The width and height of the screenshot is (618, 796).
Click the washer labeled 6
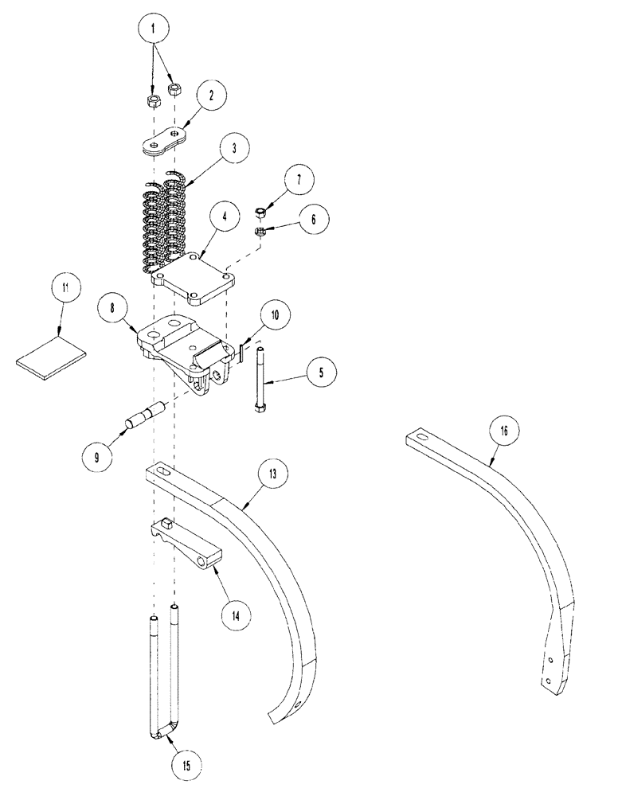[x=260, y=231]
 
